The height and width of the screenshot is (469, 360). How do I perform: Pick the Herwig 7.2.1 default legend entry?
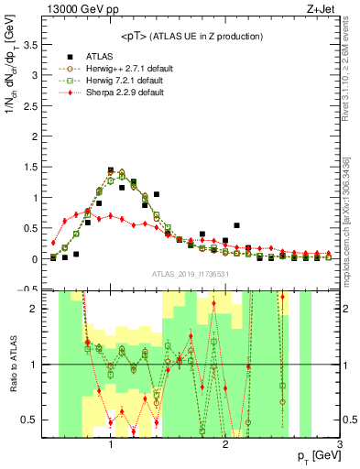(120, 81)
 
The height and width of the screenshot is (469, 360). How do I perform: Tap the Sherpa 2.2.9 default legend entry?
(120, 93)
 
